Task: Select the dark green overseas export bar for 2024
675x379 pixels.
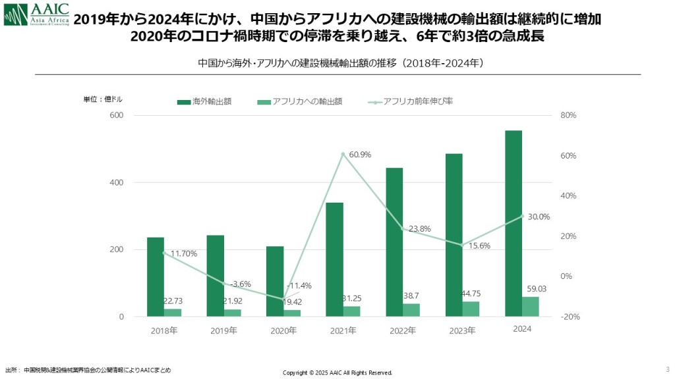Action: tap(514, 224)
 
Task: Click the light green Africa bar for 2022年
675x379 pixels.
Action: tap(411, 310)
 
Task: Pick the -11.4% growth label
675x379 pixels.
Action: tap(299, 286)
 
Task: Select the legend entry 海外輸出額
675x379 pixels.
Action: tap(204, 102)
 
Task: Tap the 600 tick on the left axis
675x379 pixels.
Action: tap(117, 115)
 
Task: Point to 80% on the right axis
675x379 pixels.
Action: tap(568, 115)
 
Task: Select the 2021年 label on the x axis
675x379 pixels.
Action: tap(343, 330)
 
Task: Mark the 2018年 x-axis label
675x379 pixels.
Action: tap(164, 330)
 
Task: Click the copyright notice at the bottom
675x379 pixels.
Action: tap(337, 372)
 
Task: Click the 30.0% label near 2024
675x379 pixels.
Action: tap(539, 216)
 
